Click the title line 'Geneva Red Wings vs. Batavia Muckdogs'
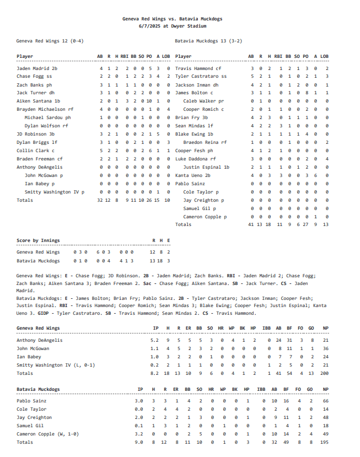coord(173,19)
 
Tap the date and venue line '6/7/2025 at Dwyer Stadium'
coord(173,26)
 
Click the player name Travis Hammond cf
coord(198,68)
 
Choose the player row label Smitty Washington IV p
coord(55,192)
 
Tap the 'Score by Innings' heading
coord(38,240)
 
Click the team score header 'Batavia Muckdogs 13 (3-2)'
coord(208,41)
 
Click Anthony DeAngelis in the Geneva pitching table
coord(40,340)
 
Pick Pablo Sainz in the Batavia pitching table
coord(31,401)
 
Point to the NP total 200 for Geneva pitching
coord(325,373)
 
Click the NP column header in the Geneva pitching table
coord(326,328)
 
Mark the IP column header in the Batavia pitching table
coord(140,389)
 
